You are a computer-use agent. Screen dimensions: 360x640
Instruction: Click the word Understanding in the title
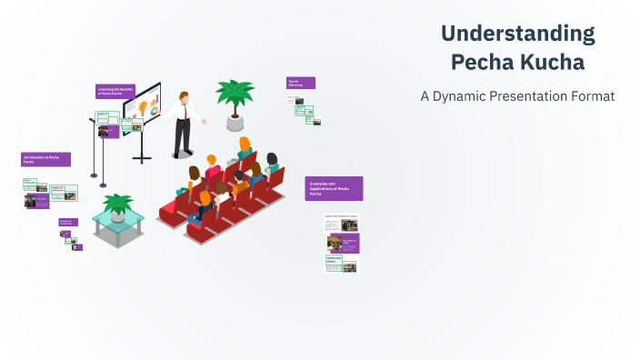click(518, 35)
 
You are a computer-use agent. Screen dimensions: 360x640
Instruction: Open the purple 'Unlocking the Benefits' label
click(115, 91)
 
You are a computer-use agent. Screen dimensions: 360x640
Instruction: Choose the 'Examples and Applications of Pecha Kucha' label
click(334, 188)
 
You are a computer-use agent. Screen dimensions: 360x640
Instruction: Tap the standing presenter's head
click(185, 96)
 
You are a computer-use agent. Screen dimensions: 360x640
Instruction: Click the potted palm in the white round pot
click(235, 105)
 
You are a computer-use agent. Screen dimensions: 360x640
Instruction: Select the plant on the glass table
click(117, 204)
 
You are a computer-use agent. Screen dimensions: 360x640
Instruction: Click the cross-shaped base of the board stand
click(142, 159)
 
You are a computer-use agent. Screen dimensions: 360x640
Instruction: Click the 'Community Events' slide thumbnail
click(342, 263)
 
